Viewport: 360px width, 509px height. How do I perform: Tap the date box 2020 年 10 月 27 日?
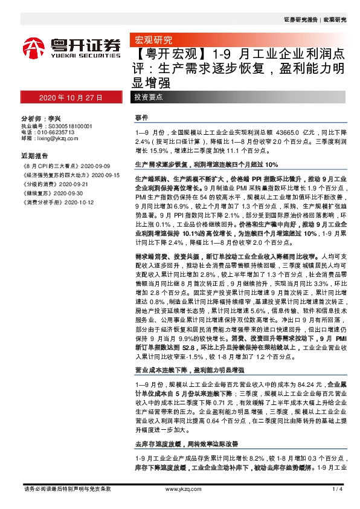pos(63,97)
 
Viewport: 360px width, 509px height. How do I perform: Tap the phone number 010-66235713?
pos(56,132)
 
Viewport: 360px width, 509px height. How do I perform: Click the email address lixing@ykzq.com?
pos(57,138)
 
